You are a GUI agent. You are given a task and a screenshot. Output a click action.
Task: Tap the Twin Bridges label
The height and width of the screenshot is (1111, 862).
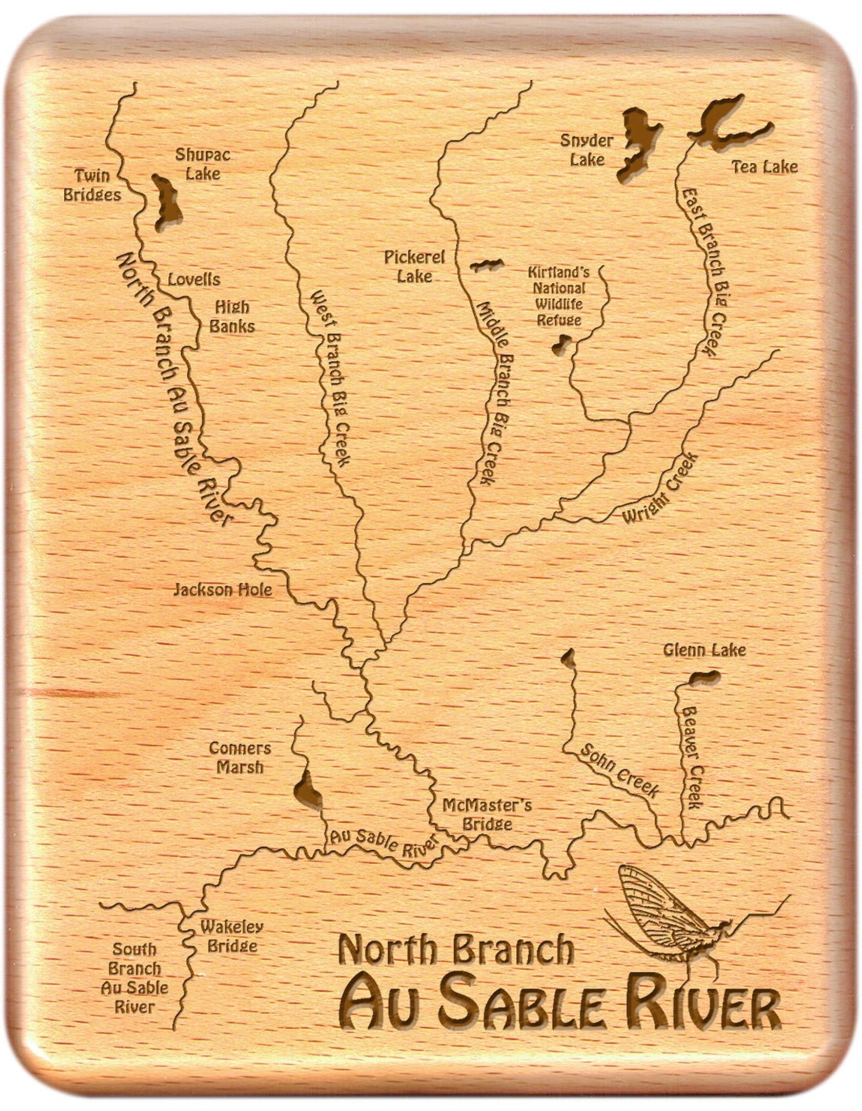coord(92,185)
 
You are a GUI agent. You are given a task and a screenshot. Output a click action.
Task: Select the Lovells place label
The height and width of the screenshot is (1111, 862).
coord(194,280)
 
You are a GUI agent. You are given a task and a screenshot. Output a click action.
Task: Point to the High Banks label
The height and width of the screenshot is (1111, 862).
coord(232,317)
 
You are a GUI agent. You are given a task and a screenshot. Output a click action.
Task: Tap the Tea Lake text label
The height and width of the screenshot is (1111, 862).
coord(765,166)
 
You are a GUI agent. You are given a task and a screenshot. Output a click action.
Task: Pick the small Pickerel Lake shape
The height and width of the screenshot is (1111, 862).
coord(486,265)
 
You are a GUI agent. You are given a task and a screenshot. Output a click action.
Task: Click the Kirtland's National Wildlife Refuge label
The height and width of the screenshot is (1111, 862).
coord(559,296)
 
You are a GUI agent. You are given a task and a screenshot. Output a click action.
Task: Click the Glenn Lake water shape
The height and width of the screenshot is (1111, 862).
coord(706,677)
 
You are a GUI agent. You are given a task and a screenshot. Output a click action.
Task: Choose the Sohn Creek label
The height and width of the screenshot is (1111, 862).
coord(619,771)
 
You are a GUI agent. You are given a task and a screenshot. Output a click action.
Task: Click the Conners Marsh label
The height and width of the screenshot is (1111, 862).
coord(239,757)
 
